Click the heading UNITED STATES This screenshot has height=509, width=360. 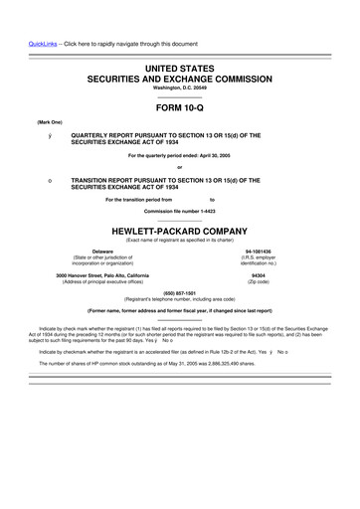pos(179,66)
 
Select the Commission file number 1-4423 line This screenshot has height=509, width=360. pos(179,212)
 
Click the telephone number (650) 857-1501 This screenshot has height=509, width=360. pos(179,293)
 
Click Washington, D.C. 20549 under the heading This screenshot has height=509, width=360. pos(179,86)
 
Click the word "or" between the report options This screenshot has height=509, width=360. pos(179,166)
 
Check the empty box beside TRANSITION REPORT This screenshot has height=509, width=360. pos(37,180)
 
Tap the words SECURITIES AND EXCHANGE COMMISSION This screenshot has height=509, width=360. pos(179,77)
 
